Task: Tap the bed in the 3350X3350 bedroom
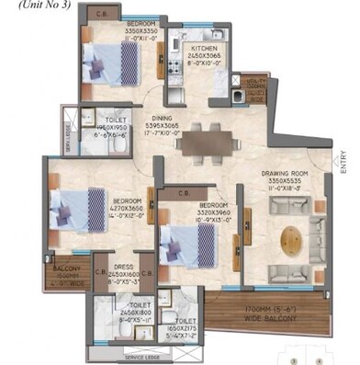pyautogui.click(x=99, y=66)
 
